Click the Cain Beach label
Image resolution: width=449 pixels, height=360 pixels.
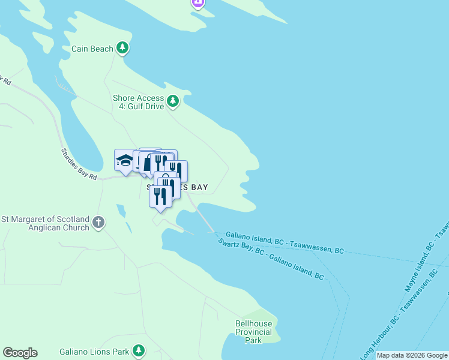pos(92,49)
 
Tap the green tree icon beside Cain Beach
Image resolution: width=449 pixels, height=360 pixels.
pos(122,47)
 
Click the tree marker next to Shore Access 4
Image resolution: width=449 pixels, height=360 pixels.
pos(173,101)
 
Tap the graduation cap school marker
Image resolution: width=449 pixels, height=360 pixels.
pos(125,160)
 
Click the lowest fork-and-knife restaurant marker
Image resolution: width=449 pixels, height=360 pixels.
pos(160,196)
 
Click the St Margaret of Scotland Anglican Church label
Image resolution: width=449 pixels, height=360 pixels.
pos(46,223)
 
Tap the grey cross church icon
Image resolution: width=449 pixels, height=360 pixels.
pos(99,223)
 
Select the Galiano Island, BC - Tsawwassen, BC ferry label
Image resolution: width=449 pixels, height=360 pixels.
pos(285,243)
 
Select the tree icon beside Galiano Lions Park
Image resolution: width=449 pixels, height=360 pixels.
pos(139,350)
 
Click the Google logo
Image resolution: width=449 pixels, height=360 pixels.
pos(20,353)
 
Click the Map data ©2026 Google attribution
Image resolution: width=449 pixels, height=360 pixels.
pos(412,355)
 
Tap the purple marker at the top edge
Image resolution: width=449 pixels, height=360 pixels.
pos(198,4)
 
